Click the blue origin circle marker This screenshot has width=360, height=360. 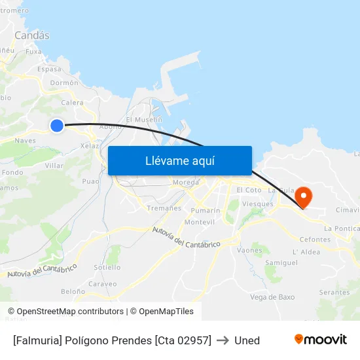[57, 125]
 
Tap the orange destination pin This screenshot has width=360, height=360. [304, 196]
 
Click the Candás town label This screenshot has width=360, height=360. [31, 35]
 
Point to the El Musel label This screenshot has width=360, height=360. [143, 120]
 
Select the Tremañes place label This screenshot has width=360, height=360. [164, 207]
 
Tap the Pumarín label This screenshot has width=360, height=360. [205, 211]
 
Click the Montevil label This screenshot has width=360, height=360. [200, 223]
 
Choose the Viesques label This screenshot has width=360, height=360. [257, 204]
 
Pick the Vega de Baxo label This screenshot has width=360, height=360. [272, 297]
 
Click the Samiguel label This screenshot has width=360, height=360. [282, 262]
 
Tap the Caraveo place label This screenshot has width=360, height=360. [103, 284]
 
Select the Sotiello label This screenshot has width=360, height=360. [107, 267]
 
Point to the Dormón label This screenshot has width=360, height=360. [64, 83]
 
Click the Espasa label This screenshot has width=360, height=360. [50, 69]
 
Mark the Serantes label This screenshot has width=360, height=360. [334, 292]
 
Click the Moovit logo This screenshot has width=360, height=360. [320, 339]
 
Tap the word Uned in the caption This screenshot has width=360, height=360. [247, 340]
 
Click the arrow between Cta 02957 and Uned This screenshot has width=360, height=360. [223, 340]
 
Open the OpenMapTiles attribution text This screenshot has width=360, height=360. [162, 312]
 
